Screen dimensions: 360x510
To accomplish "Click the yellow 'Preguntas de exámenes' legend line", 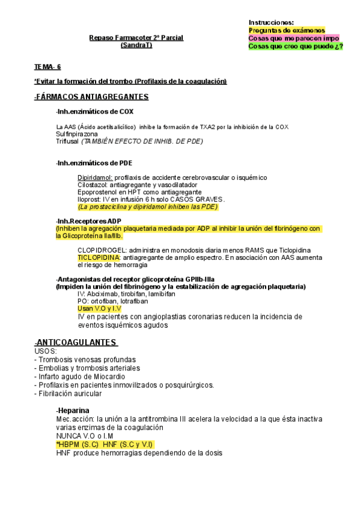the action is [x=285, y=29].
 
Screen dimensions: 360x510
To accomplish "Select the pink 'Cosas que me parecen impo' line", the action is [x=293, y=38].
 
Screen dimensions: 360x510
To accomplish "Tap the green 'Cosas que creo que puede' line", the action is [x=295, y=46].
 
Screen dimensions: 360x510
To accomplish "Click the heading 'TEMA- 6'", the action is [x=47, y=67].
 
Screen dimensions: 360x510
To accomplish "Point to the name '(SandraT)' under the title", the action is [x=136, y=45].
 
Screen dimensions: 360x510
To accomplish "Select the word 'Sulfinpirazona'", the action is [x=76, y=134].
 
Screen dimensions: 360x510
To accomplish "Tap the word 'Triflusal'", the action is [x=67, y=141].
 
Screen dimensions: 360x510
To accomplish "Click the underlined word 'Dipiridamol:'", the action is [x=94, y=177].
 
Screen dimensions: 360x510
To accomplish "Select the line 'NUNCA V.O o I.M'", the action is [x=85, y=436].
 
